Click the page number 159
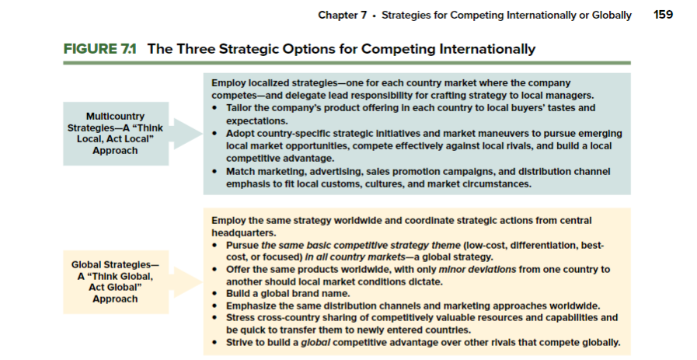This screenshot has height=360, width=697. point(663,16)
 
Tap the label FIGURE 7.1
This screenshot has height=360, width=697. point(99,49)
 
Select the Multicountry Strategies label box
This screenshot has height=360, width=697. point(115,134)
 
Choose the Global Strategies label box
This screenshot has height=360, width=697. point(115,282)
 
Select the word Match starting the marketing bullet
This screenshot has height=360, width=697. point(241,171)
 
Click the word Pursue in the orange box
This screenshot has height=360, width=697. point(243,245)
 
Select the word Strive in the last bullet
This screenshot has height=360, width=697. point(239,342)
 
